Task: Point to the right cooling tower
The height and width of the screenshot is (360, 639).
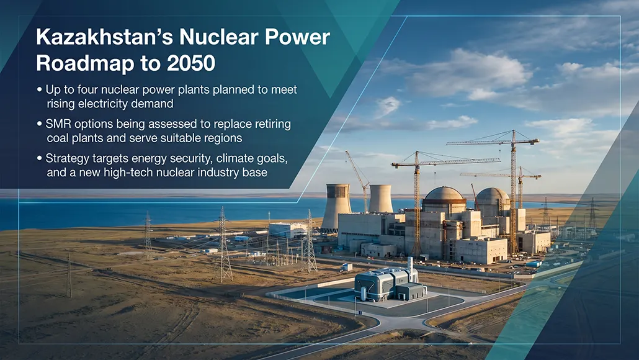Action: (380, 199)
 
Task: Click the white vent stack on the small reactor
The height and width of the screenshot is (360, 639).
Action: (410, 268)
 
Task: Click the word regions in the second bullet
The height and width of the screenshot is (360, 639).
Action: (221, 138)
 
